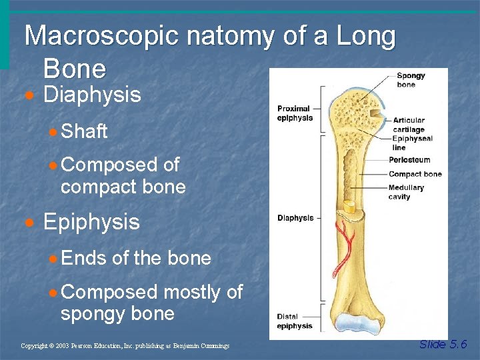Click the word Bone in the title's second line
coord(75,69)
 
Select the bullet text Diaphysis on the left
coord(92,95)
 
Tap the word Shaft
coord(84,131)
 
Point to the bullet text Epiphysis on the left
coord(91,222)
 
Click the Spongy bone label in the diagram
coord(411,80)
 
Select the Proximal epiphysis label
coord(295,113)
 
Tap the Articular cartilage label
coord(409,125)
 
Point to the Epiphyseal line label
coord(413,143)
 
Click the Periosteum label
coord(410,160)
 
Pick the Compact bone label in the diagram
coord(415,174)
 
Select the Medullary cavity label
coord(406,192)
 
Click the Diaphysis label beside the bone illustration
coord(295,218)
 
